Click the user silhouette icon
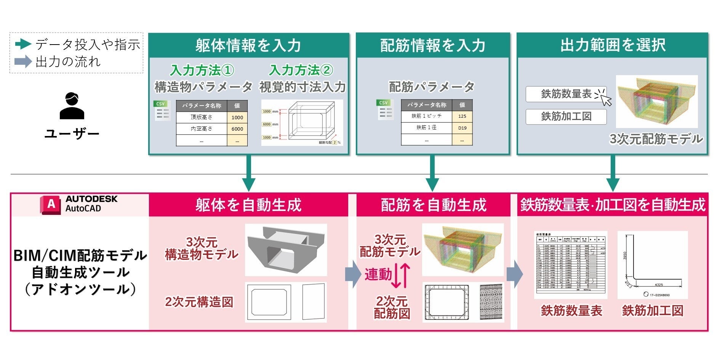click(x=72, y=106)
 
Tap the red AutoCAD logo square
click(x=51, y=205)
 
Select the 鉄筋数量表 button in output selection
click(x=566, y=94)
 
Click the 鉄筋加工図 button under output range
click(x=566, y=117)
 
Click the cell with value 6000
click(x=237, y=129)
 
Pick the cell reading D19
click(x=462, y=128)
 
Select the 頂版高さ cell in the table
click(x=202, y=117)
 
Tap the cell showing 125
click(x=462, y=116)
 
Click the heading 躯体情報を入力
click(x=248, y=45)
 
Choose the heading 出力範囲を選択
click(x=612, y=45)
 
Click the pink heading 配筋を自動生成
click(x=433, y=205)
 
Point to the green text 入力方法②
click(x=301, y=70)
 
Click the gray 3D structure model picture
click(x=286, y=250)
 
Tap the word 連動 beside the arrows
click(x=378, y=274)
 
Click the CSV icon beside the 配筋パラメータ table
click(x=384, y=110)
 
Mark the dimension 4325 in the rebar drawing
click(x=659, y=285)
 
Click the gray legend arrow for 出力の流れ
click(x=23, y=61)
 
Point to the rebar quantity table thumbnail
click(x=570, y=265)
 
